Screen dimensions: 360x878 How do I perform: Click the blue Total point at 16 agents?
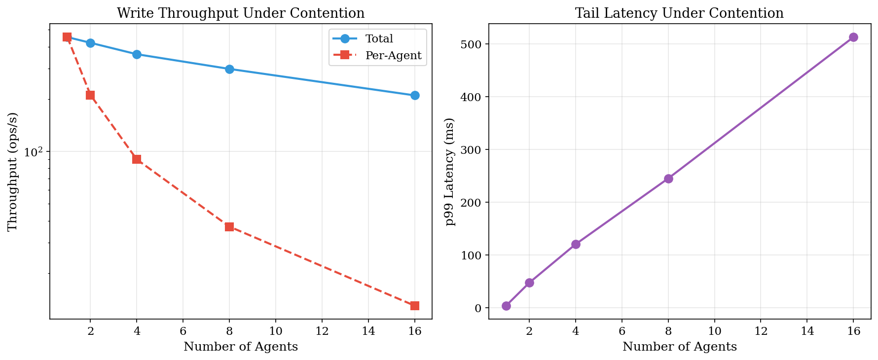(415, 95)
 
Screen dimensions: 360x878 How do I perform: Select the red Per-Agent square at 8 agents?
(229, 227)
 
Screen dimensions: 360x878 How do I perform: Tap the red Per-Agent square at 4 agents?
(137, 159)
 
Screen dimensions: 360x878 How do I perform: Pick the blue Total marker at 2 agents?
(90, 43)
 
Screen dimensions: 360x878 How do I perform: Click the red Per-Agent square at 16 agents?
(415, 306)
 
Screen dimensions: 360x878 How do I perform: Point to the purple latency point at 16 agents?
(853, 37)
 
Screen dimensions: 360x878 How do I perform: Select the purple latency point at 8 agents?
(668, 179)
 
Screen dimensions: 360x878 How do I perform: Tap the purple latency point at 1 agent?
(506, 306)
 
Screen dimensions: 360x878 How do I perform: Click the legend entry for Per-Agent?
(393, 56)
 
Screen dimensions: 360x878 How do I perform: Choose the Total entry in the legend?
(379, 38)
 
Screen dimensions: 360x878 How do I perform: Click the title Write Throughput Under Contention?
(241, 13)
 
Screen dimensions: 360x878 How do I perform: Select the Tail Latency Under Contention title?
(679, 13)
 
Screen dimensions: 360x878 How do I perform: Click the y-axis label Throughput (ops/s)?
(13, 172)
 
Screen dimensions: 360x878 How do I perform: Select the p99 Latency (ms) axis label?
(449, 172)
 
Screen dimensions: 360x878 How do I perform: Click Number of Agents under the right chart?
(679, 347)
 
